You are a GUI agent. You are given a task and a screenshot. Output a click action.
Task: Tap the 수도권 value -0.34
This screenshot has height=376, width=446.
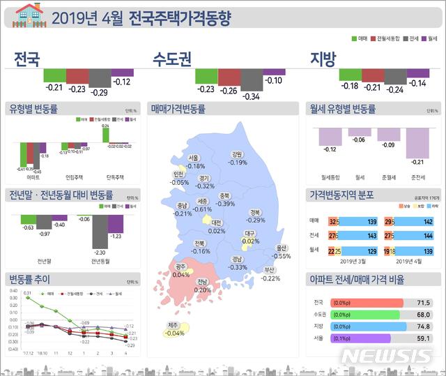(251, 96)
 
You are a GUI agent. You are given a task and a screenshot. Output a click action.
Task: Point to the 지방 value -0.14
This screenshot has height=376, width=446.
(417, 83)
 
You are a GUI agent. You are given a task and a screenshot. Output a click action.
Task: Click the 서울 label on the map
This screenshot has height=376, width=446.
(194, 158)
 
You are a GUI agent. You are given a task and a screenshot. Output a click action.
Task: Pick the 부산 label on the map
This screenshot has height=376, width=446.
(270, 270)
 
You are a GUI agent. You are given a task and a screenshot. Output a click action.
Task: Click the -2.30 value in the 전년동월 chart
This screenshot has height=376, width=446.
(100, 253)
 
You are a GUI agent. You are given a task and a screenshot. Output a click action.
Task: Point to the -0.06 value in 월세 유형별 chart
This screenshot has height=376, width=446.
(360, 140)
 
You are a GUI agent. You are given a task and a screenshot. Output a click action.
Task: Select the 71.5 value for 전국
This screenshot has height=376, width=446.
(423, 303)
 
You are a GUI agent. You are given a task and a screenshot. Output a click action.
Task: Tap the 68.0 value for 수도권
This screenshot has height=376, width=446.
(423, 315)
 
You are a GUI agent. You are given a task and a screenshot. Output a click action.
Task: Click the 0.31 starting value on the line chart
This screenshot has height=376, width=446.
(27, 293)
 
